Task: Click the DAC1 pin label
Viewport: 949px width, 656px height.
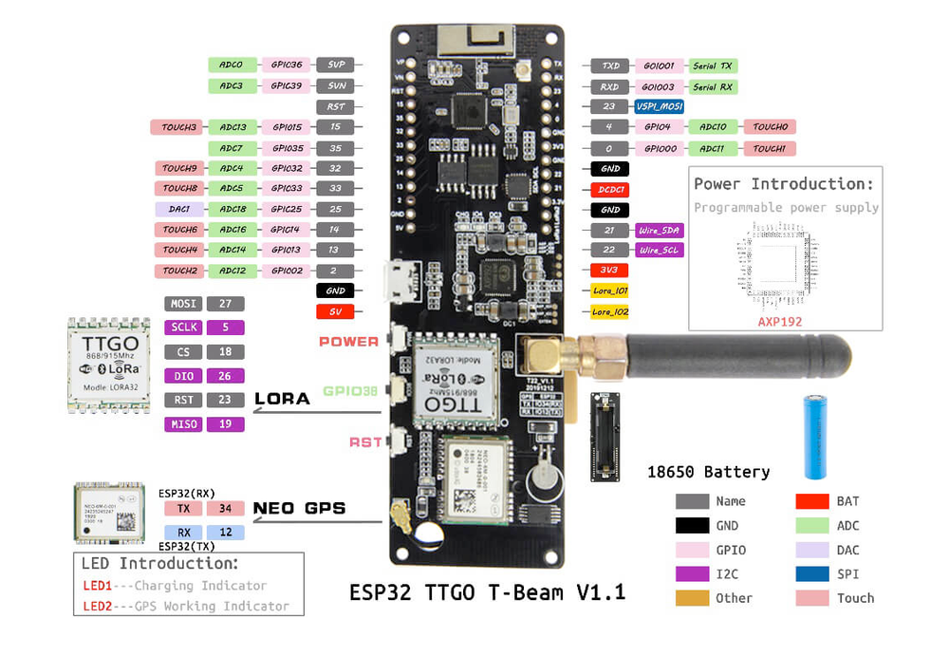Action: [178, 209]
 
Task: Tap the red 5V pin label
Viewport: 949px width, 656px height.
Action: [335, 311]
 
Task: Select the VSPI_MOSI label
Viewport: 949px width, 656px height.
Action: [660, 107]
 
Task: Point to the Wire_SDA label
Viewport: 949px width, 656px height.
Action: [660, 230]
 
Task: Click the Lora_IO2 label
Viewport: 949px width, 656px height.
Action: [609, 310]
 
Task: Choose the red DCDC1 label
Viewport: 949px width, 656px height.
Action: [609, 189]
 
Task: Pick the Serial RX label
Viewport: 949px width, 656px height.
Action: [713, 86]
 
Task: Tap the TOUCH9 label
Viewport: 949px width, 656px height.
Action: [178, 168]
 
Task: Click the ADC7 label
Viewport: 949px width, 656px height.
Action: [232, 148]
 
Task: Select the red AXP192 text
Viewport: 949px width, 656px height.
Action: [779, 322]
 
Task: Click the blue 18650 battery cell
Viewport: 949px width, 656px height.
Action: [818, 437]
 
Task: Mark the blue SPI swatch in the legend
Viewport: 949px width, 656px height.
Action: [812, 573]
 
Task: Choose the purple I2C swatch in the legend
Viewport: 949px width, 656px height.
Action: [692, 573]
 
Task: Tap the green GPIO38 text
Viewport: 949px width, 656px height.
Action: [350, 390]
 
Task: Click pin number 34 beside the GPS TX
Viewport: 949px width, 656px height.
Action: [225, 508]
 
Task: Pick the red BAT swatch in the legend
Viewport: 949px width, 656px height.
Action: [812, 501]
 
